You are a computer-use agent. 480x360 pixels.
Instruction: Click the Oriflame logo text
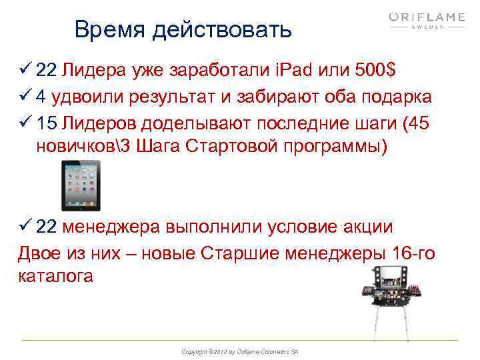click(x=427, y=17)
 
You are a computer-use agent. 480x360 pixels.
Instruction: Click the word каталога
click(x=56, y=275)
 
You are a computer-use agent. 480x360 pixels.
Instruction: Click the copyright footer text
click(x=240, y=351)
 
